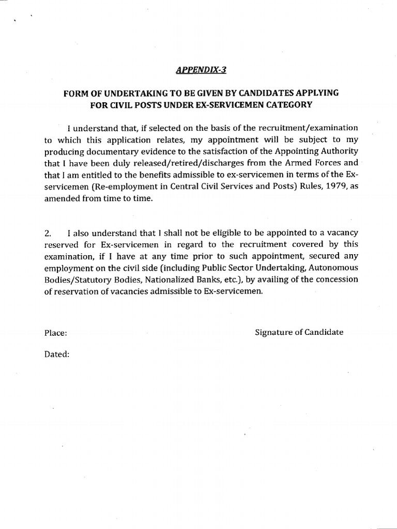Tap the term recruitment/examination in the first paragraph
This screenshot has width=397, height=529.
[x=315, y=128]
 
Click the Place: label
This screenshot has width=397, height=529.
[x=55, y=333]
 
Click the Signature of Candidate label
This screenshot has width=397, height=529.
[x=299, y=333]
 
